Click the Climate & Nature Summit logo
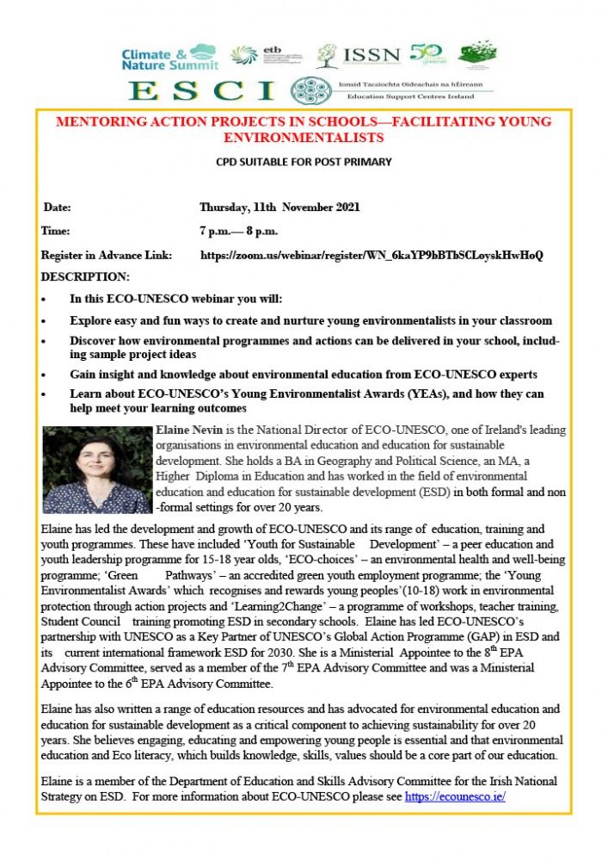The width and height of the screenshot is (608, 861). coord(169,58)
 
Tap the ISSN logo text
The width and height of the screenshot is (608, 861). coord(372,55)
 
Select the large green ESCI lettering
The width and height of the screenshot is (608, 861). coord(201,90)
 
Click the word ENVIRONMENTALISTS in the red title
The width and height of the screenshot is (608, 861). coord(303,138)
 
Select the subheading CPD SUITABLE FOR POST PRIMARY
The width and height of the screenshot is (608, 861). coord(303,161)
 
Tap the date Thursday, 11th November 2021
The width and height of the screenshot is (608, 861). coord(279,208)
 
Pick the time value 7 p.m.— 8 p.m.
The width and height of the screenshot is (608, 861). coord(238,232)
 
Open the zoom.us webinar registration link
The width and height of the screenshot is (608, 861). coord(372,256)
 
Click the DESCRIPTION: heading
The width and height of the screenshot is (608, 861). coord(85,277)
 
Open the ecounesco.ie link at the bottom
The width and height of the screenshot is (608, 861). coord(454,796)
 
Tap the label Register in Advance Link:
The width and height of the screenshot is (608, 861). coord(107,256)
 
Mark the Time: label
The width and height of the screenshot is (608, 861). coord(56,232)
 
